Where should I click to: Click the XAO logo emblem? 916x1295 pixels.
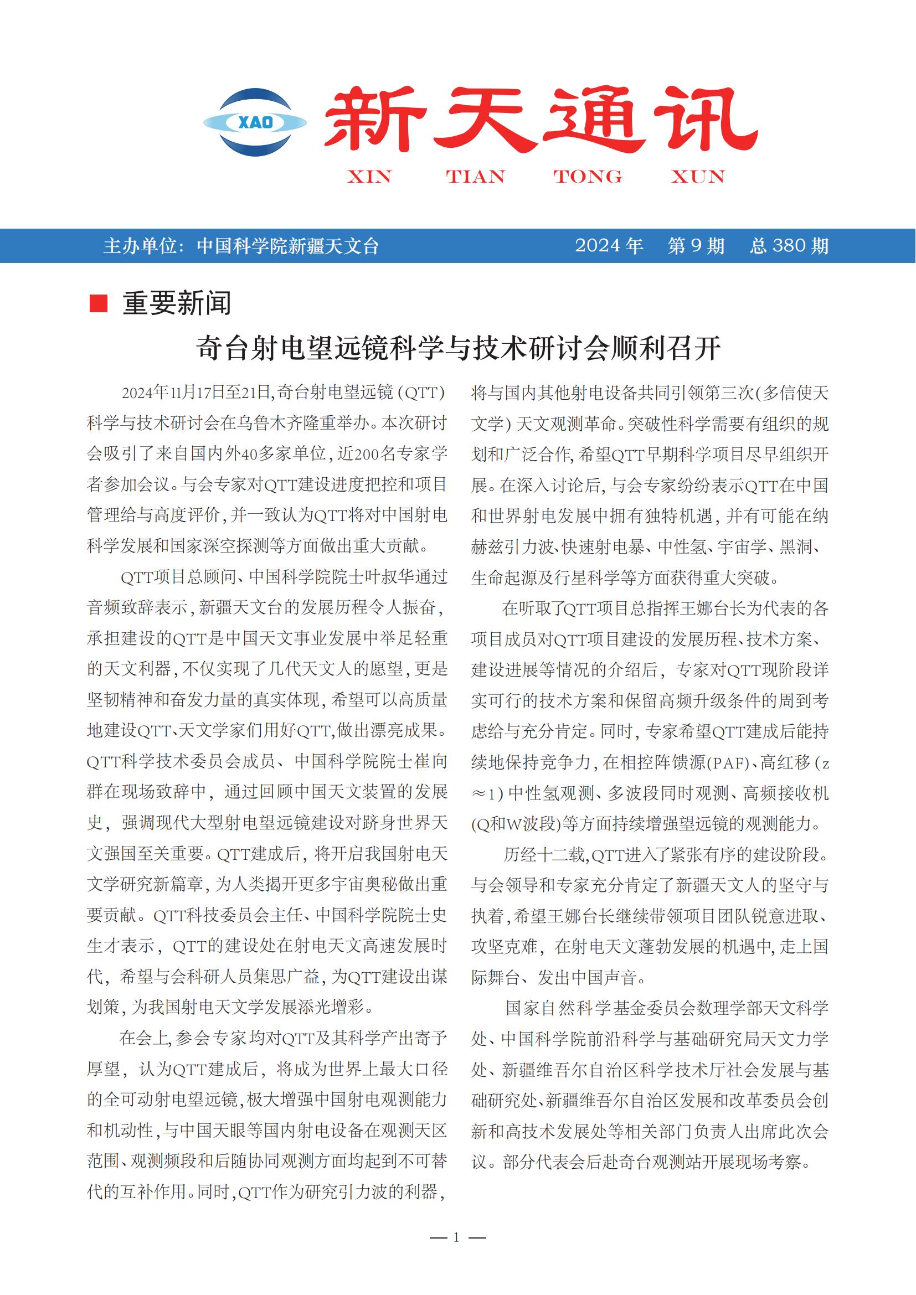pyautogui.click(x=255, y=122)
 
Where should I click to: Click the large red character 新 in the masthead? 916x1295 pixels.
pyautogui.click(x=373, y=119)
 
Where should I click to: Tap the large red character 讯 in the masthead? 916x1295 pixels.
pyautogui.click(x=704, y=119)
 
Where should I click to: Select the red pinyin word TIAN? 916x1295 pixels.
pyautogui.click(x=475, y=177)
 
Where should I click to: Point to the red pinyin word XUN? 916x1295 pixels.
pyautogui.click(x=697, y=177)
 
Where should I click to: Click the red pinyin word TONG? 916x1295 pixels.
pyautogui.click(x=587, y=177)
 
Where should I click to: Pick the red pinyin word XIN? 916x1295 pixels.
pyautogui.click(x=369, y=177)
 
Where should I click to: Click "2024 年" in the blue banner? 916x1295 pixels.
pyautogui.click(x=609, y=246)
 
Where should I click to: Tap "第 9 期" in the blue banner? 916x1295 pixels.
pyautogui.click(x=696, y=246)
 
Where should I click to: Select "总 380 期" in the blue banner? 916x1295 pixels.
pyautogui.click(x=789, y=246)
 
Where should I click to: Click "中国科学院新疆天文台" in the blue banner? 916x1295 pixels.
pyautogui.click(x=287, y=246)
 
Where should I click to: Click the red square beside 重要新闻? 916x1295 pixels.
pyautogui.click(x=99, y=303)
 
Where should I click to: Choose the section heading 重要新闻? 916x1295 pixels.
pyautogui.click(x=177, y=303)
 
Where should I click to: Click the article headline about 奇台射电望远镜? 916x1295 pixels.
pyautogui.click(x=458, y=348)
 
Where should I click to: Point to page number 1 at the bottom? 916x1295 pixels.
pyautogui.click(x=456, y=1237)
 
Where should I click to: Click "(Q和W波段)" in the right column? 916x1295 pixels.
pyautogui.click(x=517, y=824)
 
